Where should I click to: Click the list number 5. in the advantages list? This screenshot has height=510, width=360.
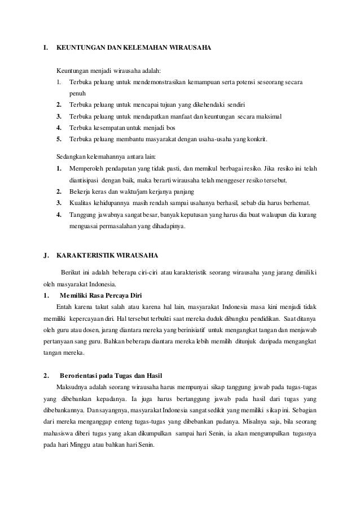[59, 138]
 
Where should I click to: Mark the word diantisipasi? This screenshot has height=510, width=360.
[86, 180]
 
